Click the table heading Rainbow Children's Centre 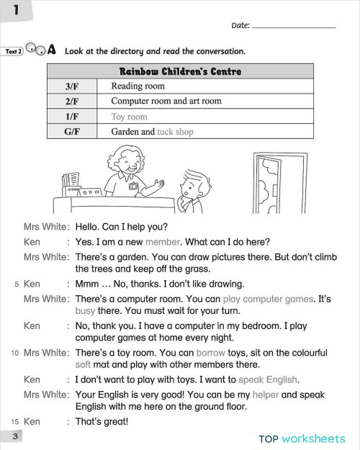tap(180, 71)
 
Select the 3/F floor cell tap(72, 86)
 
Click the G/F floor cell tap(72, 132)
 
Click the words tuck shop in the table tap(175, 132)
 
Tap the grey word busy tap(85, 312)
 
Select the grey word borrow tap(210, 354)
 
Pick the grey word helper tap(268, 395)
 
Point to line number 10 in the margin tap(14, 354)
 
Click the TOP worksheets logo tap(302, 438)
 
